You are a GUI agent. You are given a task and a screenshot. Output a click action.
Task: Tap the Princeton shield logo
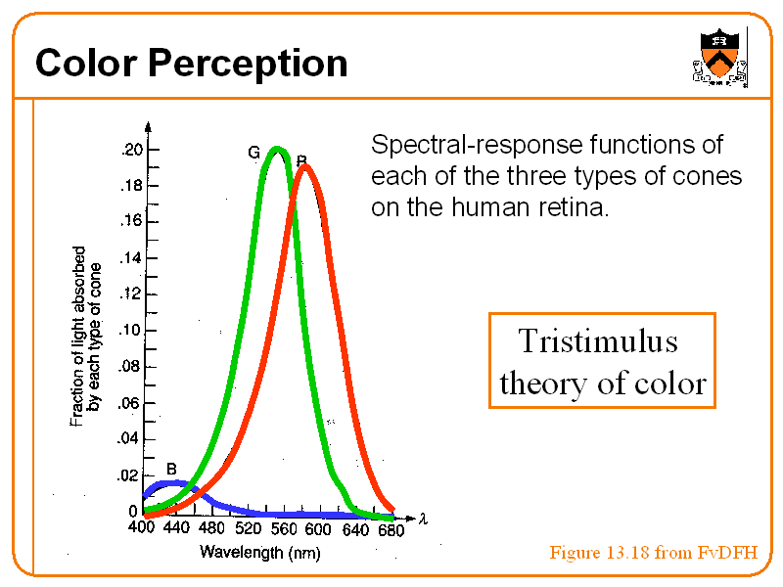(719, 55)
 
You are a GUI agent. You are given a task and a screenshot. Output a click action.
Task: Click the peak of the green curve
(278, 150)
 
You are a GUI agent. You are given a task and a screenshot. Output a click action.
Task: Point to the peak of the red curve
(306, 166)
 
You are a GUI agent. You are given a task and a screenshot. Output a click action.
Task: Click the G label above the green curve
(253, 153)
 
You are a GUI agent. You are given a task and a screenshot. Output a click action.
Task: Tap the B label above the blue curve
(171, 468)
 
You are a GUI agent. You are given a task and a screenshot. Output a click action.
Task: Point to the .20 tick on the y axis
(130, 150)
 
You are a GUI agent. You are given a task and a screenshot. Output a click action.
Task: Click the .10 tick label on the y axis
(129, 331)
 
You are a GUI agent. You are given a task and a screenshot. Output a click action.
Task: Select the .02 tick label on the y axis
(129, 475)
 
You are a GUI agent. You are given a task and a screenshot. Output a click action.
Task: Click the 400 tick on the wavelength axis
(143, 528)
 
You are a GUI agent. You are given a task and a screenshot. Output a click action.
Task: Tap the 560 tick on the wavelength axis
(283, 528)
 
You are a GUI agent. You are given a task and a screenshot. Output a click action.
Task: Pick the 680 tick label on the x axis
(391, 529)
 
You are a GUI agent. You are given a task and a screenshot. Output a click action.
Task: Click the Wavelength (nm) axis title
(259, 553)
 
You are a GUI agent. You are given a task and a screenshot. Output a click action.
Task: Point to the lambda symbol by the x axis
(423, 519)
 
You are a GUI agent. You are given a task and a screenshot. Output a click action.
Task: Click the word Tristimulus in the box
(597, 341)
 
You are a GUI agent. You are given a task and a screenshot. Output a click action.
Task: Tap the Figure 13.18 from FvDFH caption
(653, 553)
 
